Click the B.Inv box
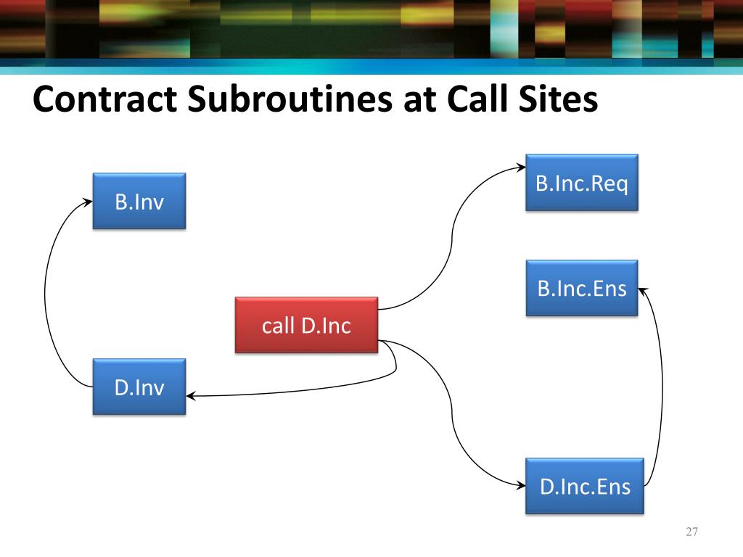click(139, 201)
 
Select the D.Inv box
click(139, 387)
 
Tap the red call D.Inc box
click(306, 325)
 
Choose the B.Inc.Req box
click(582, 183)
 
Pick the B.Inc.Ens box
click(582, 289)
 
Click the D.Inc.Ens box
click(585, 485)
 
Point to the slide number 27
click(691, 533)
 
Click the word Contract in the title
click(106, 100)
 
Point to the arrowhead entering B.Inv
click(89, 202)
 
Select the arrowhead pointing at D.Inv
click(191, 396)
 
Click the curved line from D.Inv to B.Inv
click(46, 297)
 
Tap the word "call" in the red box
click(276, 326)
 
